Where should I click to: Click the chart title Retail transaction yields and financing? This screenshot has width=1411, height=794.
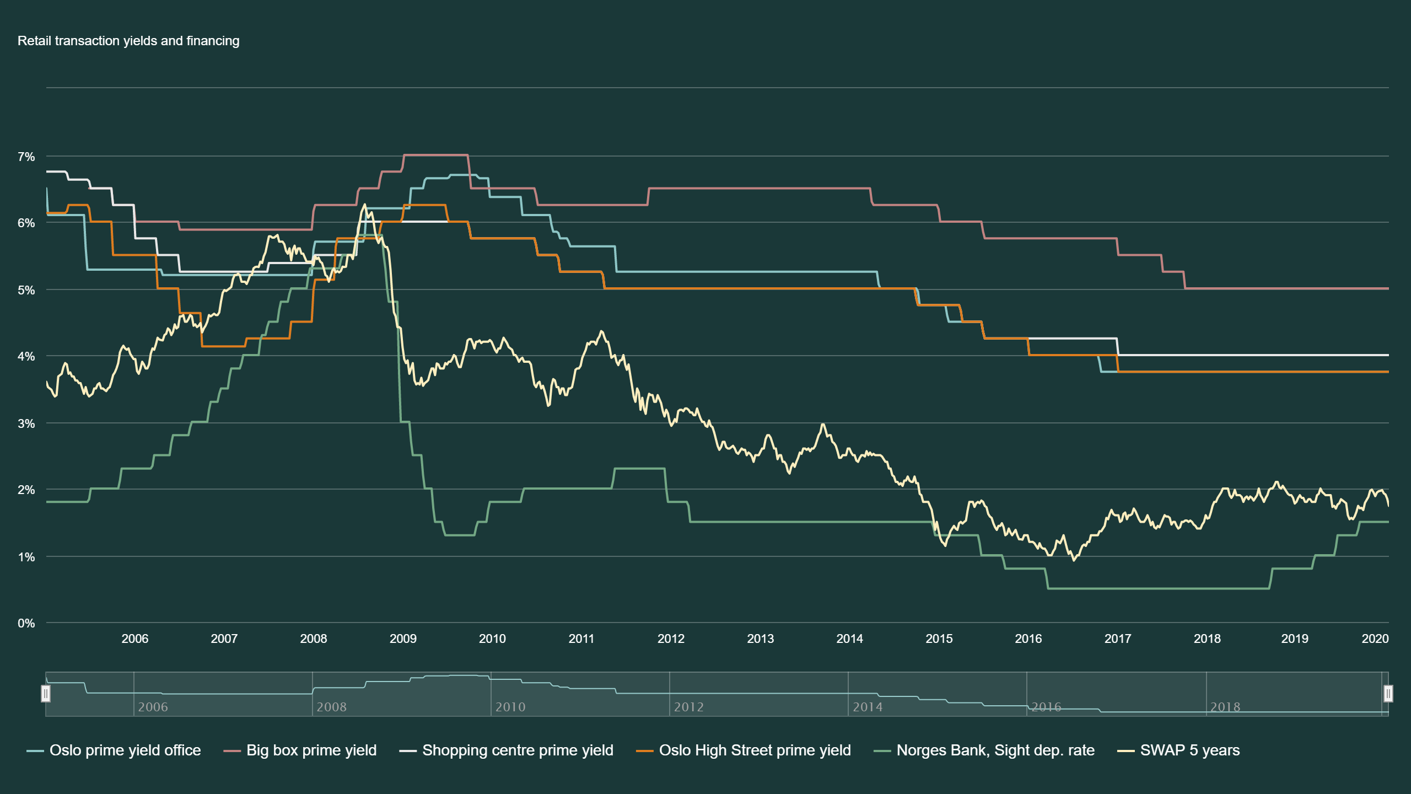pyautogui.click(x=128, y=41)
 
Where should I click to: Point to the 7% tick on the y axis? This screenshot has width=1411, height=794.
pyautogui.click(x=26, y=157)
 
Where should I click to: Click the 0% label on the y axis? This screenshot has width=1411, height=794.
pyautogui.click(x=26, y=624)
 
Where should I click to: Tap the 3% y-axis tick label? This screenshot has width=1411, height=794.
pyautogui.click(x=26, y=423)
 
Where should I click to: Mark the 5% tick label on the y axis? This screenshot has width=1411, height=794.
pyautogui.click(x=26, y=290)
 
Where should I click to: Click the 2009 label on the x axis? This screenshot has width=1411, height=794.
pyautogui.click(x=403, y=639)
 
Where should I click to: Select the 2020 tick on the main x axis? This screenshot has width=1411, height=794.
pyautogui.click(x=1375, y=639)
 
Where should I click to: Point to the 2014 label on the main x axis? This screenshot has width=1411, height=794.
pyautogui.click(x=849, y=639)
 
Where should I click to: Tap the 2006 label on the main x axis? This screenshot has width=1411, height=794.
pyautogui.click(x=134, y=639)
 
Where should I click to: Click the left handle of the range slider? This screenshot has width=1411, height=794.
pyautogui.click(x=46, y=693)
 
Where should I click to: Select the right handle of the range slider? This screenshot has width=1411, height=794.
pyautogui.click(x=1388, y=693)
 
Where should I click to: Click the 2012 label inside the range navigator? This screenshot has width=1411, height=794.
pyautogui.click(x=688, y=707)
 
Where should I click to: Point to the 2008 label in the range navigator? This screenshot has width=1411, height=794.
pyautogui.click(x=331, y=707)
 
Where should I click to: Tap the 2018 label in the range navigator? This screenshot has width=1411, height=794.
pyautogui.click(x=1225, y=707)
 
